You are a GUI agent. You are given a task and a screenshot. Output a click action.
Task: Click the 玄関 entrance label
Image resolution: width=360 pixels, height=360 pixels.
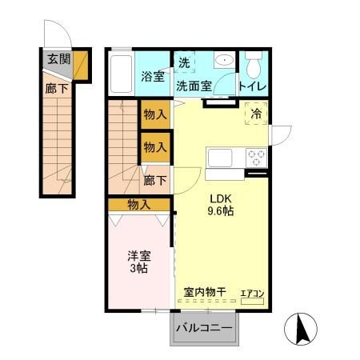(x=58, y=58)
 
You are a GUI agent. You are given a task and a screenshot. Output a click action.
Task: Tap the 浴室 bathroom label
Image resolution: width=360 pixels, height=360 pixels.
(x=153, y=78)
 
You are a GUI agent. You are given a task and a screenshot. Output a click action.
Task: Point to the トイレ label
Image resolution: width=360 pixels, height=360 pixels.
(x=253, y=85)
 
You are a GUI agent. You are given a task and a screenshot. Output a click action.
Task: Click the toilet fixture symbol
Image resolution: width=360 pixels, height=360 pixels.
(x=254, y=63)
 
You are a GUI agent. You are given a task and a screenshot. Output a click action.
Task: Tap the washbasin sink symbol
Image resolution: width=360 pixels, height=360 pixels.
(x=222, y=61)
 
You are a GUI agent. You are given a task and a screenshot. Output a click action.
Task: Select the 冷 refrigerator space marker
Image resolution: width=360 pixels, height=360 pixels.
(x=256, y=115)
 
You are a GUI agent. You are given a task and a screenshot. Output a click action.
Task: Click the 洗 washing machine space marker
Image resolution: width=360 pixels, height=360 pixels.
(x=184, y=62)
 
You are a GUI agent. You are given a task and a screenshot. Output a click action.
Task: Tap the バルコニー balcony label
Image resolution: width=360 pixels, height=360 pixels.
(x=204, y=328)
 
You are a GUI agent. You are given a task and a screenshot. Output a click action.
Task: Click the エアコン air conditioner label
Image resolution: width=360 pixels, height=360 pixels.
(x=253, y=294)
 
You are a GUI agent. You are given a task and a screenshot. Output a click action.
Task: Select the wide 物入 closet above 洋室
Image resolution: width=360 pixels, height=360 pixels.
(x=139, y=205)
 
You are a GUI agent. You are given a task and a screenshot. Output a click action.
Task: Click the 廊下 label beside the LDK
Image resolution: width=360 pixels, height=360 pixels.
(x=155, y=180)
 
